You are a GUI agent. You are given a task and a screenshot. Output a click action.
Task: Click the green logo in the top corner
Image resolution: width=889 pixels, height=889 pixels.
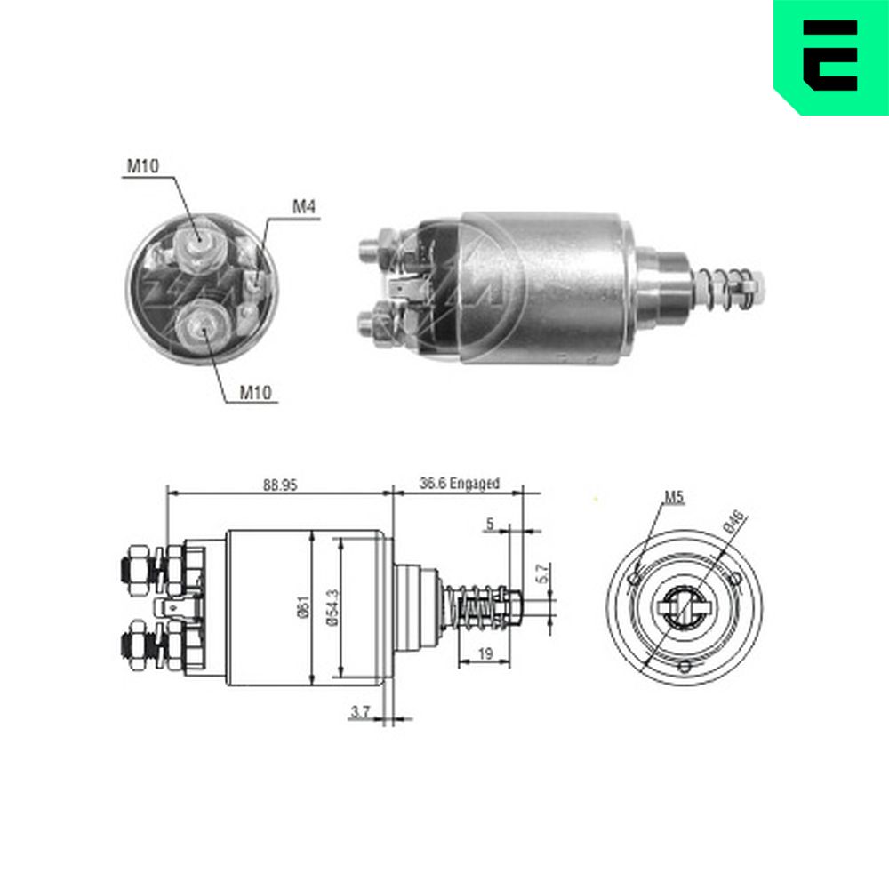click(831, 57)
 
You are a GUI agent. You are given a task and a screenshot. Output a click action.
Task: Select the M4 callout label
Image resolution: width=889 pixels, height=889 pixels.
click(303, 207)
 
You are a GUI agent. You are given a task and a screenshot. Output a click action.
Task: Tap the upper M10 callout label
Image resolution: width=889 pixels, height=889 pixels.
click(143, 166)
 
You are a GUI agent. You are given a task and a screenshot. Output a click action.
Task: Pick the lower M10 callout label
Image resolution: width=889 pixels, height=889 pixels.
click(256, 392)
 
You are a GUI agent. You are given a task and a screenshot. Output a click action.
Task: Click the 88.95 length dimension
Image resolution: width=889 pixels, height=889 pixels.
click(279, 485)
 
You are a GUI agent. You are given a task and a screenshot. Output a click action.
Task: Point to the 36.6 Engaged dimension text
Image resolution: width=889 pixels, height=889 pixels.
click(460, 483)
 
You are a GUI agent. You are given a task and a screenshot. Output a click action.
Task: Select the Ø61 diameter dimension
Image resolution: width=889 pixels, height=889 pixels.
click(304, 607)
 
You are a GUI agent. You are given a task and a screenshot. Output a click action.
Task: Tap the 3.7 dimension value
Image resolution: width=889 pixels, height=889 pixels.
click(361, 711)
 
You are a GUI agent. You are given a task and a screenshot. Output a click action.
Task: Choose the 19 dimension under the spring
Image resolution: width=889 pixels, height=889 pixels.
click(485, 653)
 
